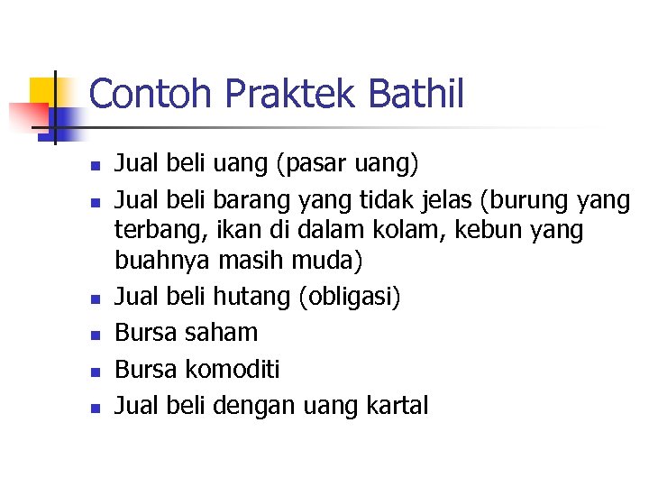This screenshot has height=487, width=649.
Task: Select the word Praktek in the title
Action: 274,95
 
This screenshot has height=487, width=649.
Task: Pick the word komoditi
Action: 233,369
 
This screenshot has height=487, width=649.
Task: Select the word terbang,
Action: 153,231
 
